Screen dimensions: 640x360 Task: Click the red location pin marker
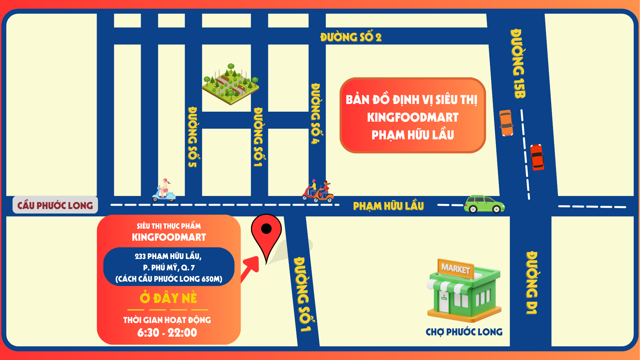tap(266, 233)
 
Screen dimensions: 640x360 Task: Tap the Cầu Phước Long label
tap(55, 205)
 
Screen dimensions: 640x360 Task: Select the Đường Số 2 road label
tap(351, 37)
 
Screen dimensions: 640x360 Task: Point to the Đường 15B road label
tap(518, 63)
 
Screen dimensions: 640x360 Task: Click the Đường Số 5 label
tap(193, 137)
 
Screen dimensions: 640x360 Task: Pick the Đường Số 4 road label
tap(315, 113)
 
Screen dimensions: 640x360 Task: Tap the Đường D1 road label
tap(532, 283)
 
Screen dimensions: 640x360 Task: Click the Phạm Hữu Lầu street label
tap(388, 206)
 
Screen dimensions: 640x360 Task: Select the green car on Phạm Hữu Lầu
tap(484, 204)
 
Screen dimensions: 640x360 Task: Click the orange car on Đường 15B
tap(506, 123)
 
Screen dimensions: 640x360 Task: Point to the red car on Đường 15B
tap(537, 157)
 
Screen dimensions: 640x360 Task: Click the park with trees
tap(230, 83)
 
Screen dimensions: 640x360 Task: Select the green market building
tap(464, 292)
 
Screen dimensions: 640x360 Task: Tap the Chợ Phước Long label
tap(464, 332)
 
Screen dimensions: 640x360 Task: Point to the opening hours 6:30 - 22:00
tap(167, 332)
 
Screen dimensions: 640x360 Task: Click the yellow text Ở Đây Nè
tap(168, 298)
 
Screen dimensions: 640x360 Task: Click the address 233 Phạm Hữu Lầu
tap(168, 256)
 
